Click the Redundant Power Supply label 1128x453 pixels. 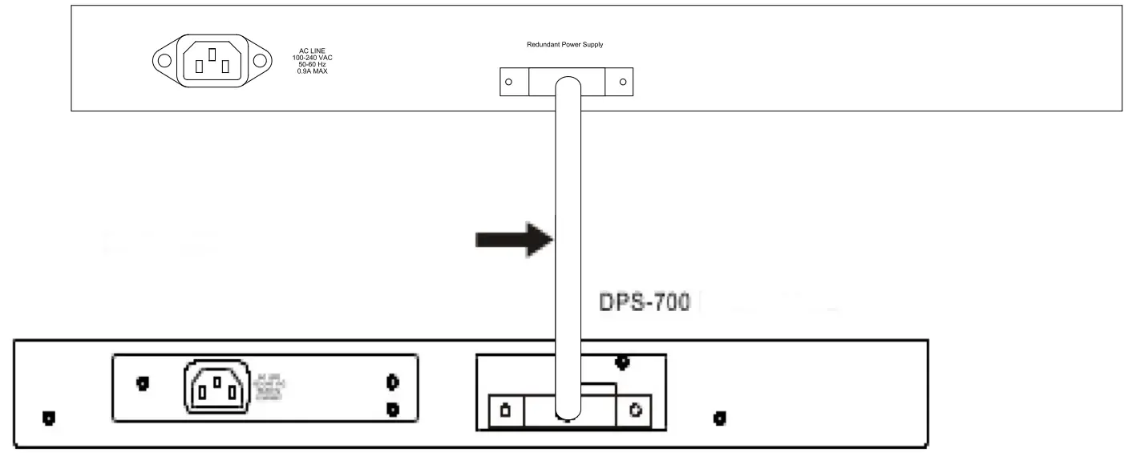coord(564,45)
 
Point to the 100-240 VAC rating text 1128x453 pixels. coord(313,58)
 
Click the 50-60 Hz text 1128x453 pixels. coord(311,64)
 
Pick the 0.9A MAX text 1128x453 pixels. coord(311,71)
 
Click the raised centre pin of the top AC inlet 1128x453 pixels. coord(212,55)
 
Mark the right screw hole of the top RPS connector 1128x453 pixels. coord(622,82)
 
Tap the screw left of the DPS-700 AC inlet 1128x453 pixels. coord(142,383)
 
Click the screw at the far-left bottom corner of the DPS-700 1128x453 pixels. coord(48,419)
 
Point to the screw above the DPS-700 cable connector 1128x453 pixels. coord(621,362)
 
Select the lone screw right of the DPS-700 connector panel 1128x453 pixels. coord(719,418)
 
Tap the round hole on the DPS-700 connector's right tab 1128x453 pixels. coord(634,411)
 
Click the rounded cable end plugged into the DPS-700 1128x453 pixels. coord(568,414)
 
